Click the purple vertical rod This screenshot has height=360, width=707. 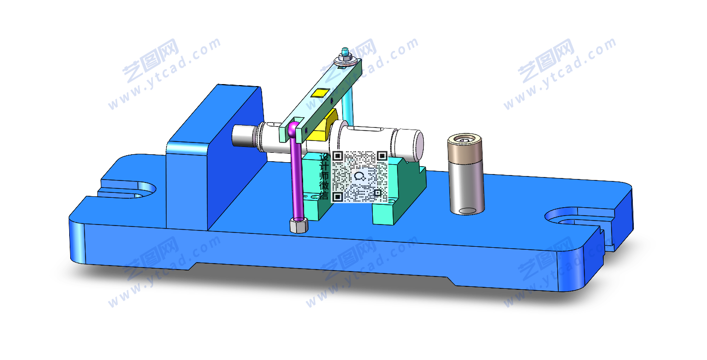tap(297, 177)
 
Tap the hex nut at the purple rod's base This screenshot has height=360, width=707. tap(299, 225)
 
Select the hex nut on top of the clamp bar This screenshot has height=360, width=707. tap(346, 57)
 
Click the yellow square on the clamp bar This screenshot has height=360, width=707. tap(320, 93)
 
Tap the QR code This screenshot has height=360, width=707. tap(359, 177)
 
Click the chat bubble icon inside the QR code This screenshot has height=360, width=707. tap(359, 176)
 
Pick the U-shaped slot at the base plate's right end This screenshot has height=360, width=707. tap(579, 218)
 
